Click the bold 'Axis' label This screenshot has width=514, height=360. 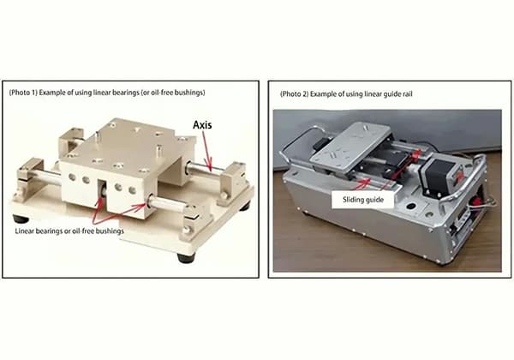(x=201, y=125)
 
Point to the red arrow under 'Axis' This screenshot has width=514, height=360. (x=208, y=148)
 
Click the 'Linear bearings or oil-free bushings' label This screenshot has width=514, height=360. (x=68, y=231)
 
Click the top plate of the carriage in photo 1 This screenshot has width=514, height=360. (x=128, y=137)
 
